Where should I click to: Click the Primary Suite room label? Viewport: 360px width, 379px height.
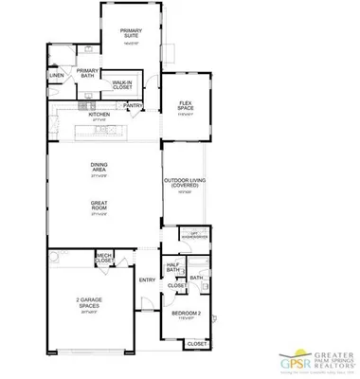coord(130,34)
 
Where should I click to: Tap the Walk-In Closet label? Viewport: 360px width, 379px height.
coord(122,84)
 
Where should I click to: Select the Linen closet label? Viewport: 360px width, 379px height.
coord(57,74)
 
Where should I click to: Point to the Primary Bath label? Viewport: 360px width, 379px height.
coord(87,72)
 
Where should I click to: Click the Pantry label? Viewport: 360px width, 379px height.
coord(134,105)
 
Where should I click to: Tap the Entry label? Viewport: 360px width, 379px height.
coord(147,280)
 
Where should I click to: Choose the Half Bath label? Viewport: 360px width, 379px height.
coord(172,267)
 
